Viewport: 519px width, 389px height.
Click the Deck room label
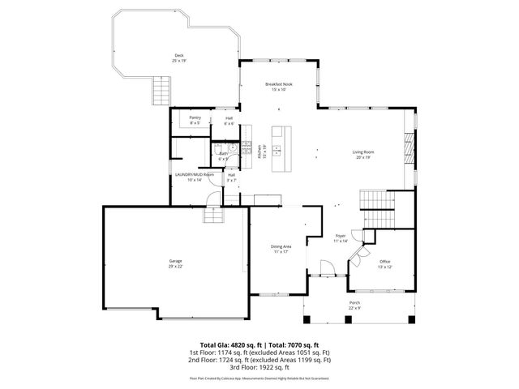click(x=178, y=56)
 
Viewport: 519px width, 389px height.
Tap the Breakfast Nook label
click(x=279, y=84)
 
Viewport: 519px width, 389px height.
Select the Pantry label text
click(x=195, y=118)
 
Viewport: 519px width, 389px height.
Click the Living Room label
click(x=362, y=152)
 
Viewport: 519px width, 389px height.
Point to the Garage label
click(x=175, y=262)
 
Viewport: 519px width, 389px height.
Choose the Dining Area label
click(x=281, y=246)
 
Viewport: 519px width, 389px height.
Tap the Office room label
click(x=384, y=261)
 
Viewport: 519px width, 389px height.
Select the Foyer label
click(x=341, y=236)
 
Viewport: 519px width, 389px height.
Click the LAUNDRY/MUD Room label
click(x=195, y=174)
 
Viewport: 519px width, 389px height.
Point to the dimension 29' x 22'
click(x=175, y=267)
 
